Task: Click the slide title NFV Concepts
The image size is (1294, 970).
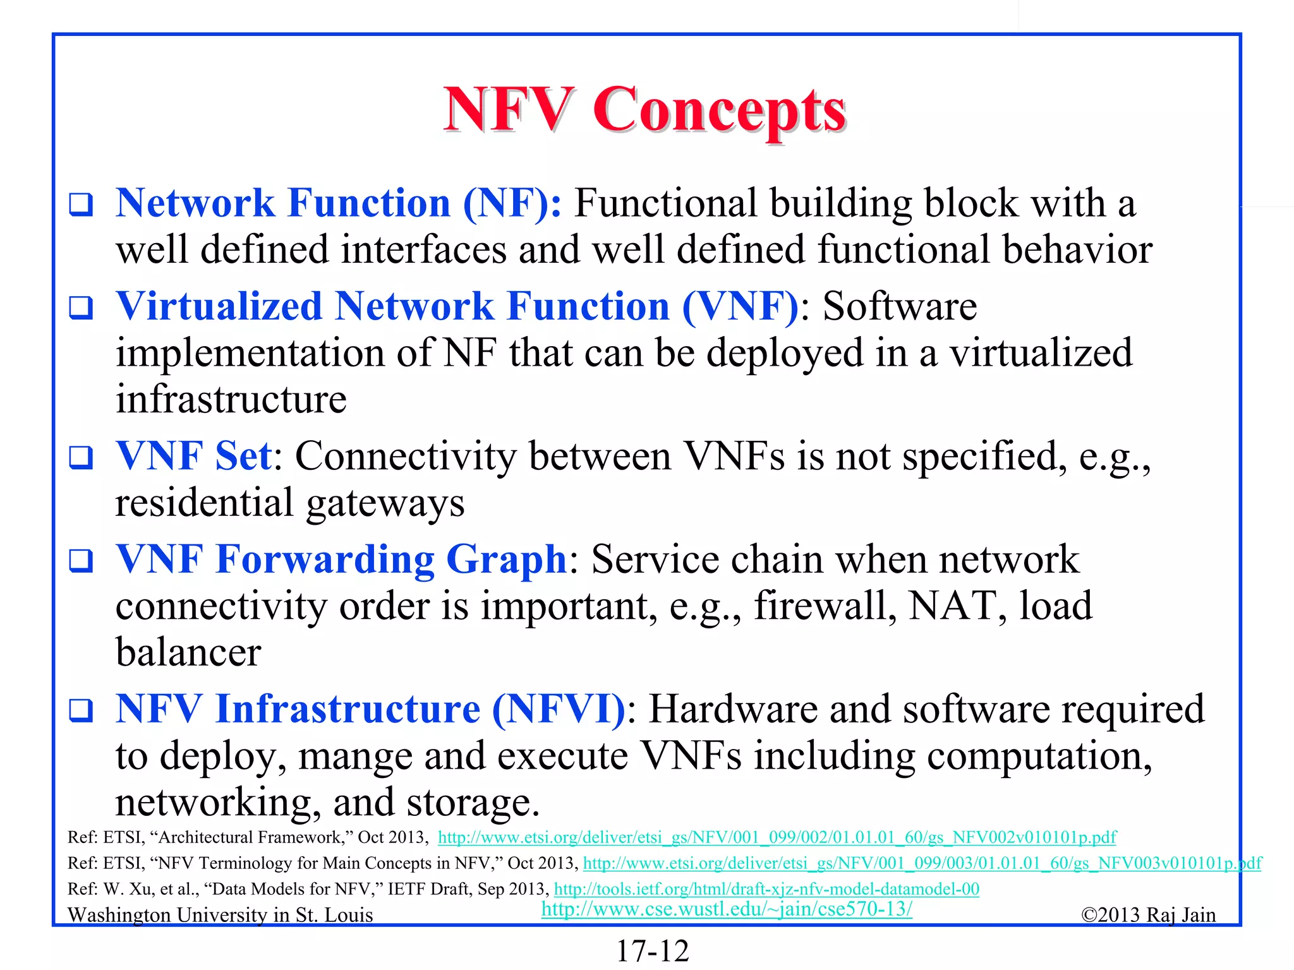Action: click(644, 110)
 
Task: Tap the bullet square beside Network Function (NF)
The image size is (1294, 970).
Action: click(81, 205)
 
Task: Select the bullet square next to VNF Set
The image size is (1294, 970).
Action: click(81, 457)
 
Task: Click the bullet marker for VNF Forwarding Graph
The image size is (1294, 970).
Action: click(81, 561)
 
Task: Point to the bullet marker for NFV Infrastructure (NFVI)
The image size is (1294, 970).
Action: click(81, 710)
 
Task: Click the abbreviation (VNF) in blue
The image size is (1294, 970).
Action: click(741, 307)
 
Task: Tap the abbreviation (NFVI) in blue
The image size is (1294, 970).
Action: click(559, 709)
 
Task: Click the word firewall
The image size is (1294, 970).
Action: click(825, 606)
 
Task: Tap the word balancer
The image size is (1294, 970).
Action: click(188, 653)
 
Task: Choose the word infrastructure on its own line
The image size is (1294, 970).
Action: click(231, 400)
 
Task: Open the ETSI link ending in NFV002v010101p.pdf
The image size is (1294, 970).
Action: click(777, 837)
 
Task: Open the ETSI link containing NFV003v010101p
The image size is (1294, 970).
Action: click(922, 863)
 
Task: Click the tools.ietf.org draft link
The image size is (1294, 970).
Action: click(766, 889)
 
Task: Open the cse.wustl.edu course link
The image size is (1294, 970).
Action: click(727, 909)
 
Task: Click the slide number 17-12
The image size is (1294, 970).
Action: click(652, 951)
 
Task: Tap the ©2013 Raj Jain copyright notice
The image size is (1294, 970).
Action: click(1148, 915)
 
